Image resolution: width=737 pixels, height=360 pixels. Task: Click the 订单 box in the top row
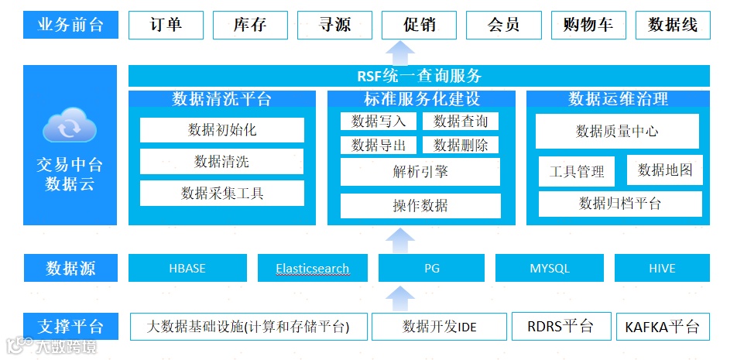(x=165, y=25)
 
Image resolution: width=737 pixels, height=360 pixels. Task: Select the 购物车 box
(x=588, y=25)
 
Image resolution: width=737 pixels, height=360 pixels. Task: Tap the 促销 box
(x=419, y=25)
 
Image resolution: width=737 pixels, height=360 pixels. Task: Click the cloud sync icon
(x=70, y=128)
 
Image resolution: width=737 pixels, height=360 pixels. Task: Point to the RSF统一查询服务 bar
(x=419, y=76)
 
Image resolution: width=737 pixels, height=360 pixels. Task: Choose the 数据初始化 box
(x=222, y=130)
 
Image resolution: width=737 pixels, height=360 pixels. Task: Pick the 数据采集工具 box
(x=222, y=193)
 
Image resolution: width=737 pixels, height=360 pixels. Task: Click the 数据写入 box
(x=378, y=122)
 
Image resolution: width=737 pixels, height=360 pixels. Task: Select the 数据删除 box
(x=461, y=145)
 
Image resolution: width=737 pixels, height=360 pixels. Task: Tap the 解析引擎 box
(x=420, y=172)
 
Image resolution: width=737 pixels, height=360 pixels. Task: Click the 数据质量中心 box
(x=617, y=132)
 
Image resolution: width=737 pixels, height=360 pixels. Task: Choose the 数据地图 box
(x=664, y=170)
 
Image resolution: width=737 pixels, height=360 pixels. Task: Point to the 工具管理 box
(x=576, y=172)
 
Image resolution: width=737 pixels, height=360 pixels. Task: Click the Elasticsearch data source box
(x=312, y=269)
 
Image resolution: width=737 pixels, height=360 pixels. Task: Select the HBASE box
(x=187, y=269)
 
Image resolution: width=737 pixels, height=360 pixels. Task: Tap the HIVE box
(x=662, y=269)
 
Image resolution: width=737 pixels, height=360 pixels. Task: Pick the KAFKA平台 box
(x=661, y=327)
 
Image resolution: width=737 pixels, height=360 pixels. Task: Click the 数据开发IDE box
(x=439, y=327)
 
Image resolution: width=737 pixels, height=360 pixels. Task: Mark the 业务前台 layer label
(x=70, y=25)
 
